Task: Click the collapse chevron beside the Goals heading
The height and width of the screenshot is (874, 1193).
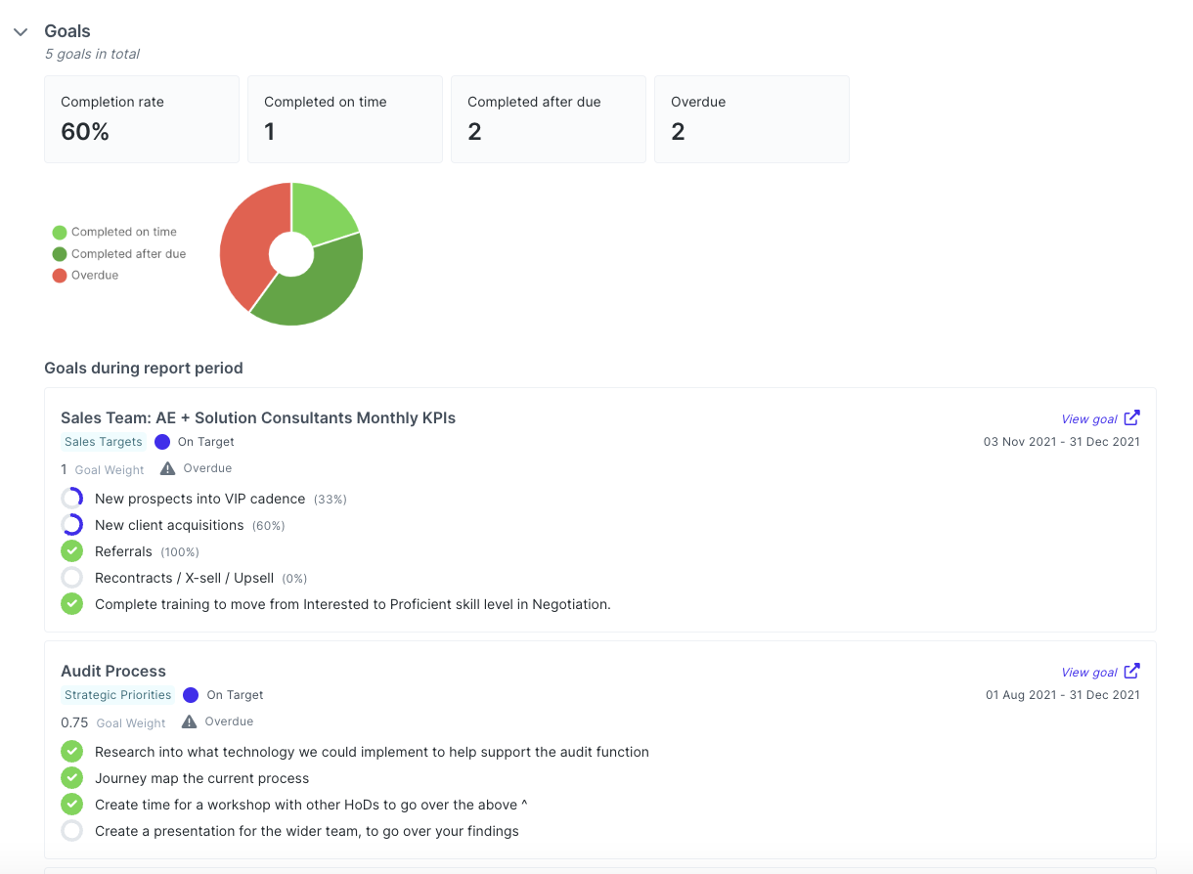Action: click(x=21, y=32)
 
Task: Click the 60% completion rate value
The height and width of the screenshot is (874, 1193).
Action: click(x=85, y=132)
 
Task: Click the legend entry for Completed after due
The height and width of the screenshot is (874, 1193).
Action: click(x=128, y=254)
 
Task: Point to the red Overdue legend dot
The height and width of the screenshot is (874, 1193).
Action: click(x=60, y=276)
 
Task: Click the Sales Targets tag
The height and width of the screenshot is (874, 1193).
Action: click(x=103, y=442)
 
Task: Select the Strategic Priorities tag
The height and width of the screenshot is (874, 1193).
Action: click(x=117, y=695)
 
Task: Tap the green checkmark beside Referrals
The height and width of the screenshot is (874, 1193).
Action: click(x=71, y=551)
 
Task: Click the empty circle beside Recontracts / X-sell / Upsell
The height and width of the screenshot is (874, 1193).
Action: click(x=71, y=578)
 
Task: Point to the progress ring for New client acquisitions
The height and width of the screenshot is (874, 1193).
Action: click(x=71, y=525)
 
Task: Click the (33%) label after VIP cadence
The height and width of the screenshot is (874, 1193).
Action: click(x=331, y=500)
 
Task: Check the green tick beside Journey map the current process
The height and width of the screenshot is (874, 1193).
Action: click(x=71, y=778)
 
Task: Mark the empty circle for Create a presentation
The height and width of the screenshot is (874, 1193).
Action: click(x=71, y=831)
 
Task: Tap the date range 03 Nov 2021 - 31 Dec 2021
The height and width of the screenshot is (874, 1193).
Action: click(x=1061, y=442)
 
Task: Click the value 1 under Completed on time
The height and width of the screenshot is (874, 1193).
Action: click(x=270, y=132)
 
